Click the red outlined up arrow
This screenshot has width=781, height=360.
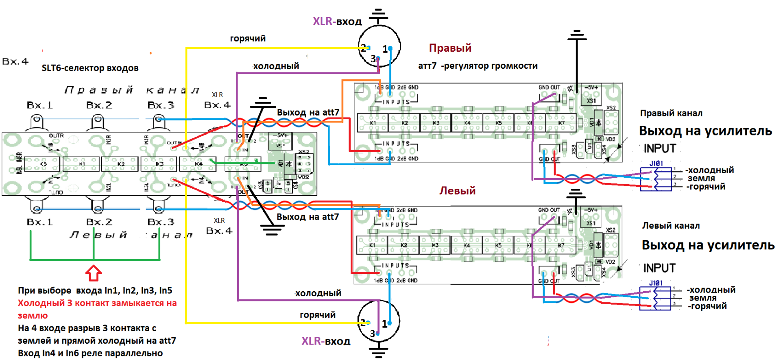pyautogui.click(x=94, y=273)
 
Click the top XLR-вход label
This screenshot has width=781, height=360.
pyautogui.click(x=337, y=22)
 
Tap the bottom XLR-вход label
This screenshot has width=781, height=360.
pyautogui.click(x=326, y=341)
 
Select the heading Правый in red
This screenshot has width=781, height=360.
pyautogui.click(x=450, y=48)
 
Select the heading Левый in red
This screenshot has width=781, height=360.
pyautogui.click(x=457, y=191)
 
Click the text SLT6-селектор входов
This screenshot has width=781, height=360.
pyautogui.click(x=90, y=68)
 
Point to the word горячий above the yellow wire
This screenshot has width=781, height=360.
pyautogui.click(x=248, y=39)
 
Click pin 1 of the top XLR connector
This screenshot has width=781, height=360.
pyautogui.click(x=390, y=48)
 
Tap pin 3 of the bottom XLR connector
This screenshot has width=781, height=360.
pyautogui.click(x=377, y=334)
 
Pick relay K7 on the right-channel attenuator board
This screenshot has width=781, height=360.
pyautogui.click(x=561, y=123)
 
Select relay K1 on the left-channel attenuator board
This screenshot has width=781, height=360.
pyautogui.click(x=372, y=245)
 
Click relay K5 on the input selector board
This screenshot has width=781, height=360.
pyautogui.click(x=42, y=164)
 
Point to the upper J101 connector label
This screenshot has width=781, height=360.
pyautogui.click(x=656, y=163)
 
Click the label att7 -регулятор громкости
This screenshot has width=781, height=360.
pyautogui.click(x=478, y=66)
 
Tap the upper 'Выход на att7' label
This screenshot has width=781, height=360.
pyautogui.click(x=308, y=112)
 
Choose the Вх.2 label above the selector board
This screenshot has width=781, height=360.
pyautogui.click(x=99, y=105)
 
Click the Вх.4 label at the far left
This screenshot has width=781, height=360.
pyautogui.click(x=15, y=61)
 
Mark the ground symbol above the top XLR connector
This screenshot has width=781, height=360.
pyautogui.click(x=378, y=16)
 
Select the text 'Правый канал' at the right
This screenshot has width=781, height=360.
pyautogui.click(x=671, y=113)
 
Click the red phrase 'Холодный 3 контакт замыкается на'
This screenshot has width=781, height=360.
pyautogui.click(x=97, y=303)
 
